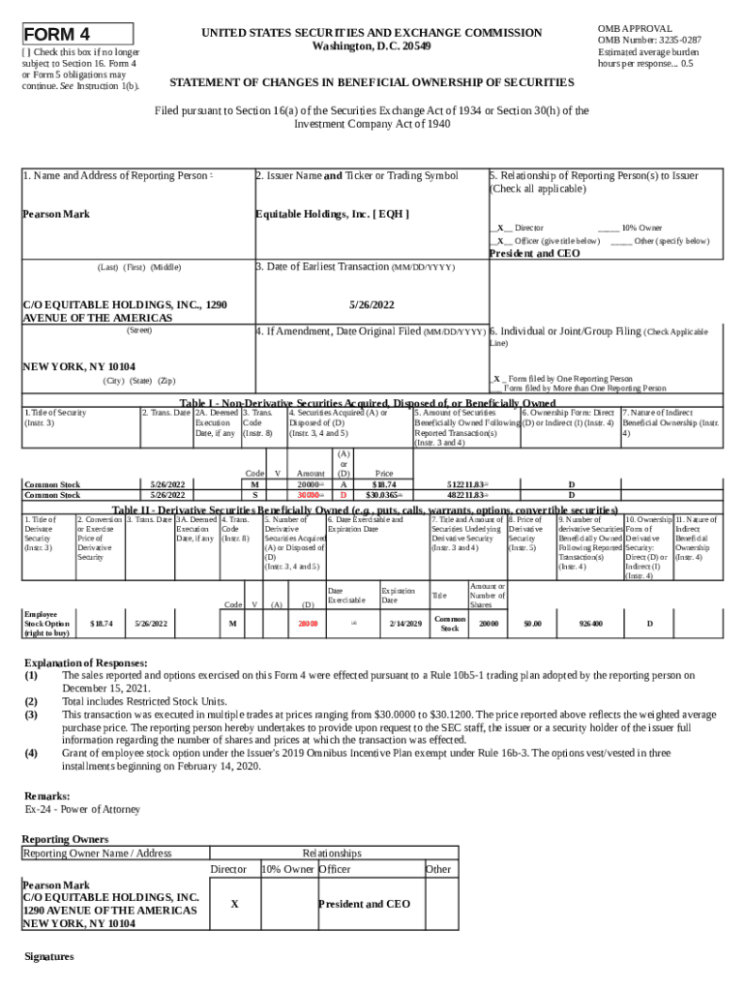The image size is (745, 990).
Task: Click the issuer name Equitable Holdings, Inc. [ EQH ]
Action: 331,214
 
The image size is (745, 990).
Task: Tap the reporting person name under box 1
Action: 56,214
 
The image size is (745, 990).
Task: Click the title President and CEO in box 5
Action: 535,253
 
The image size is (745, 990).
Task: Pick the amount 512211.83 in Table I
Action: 464,483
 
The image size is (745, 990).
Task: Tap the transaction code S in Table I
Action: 254,494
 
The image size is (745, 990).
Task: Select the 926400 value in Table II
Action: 590,624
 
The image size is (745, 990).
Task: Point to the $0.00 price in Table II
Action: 532,624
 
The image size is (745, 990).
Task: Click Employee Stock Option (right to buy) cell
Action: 46,624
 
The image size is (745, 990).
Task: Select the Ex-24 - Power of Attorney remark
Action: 82,808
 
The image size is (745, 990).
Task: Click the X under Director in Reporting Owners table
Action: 235,904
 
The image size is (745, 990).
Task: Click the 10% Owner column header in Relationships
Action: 287,869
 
